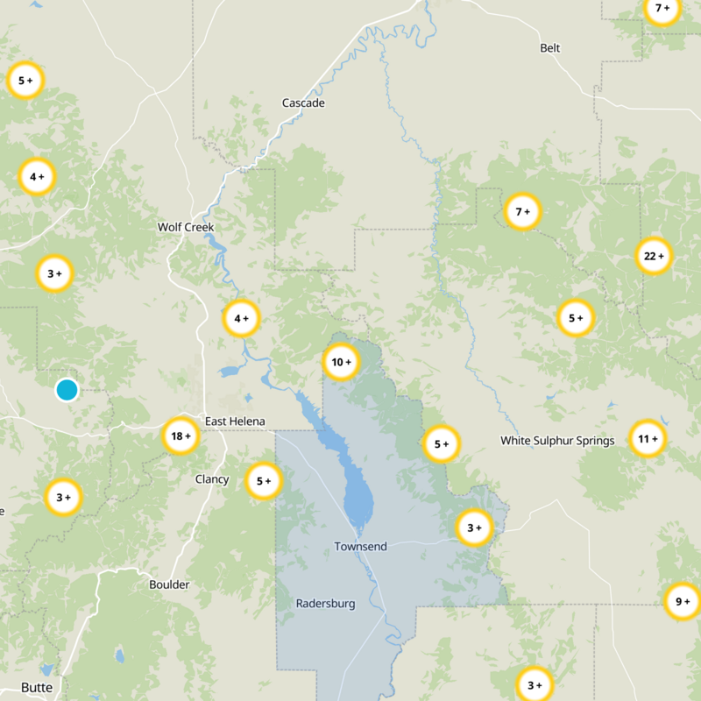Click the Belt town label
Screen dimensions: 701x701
pos(550,48)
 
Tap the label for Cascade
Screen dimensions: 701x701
pos(303,103)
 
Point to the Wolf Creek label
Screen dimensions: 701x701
pos(186,228)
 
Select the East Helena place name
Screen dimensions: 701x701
pos(235,421)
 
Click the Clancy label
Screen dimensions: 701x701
pos(212,479)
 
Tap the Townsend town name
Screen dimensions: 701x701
pos(360,547)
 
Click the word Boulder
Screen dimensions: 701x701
pos(169,584)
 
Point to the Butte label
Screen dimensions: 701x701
pos(37,688)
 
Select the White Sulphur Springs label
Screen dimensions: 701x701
pos(557,441)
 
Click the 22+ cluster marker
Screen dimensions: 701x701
pos(654,256)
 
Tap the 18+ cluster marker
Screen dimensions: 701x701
pos(181,435)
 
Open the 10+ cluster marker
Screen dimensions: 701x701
pos(340,361)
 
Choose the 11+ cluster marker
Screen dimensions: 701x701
pos(648,439)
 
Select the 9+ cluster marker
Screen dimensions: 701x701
pos(682,602)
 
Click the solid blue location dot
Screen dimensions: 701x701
pos(67,390)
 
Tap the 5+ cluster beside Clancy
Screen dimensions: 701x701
pos(263,480)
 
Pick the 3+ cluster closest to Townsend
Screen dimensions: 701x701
pos(474,528)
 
